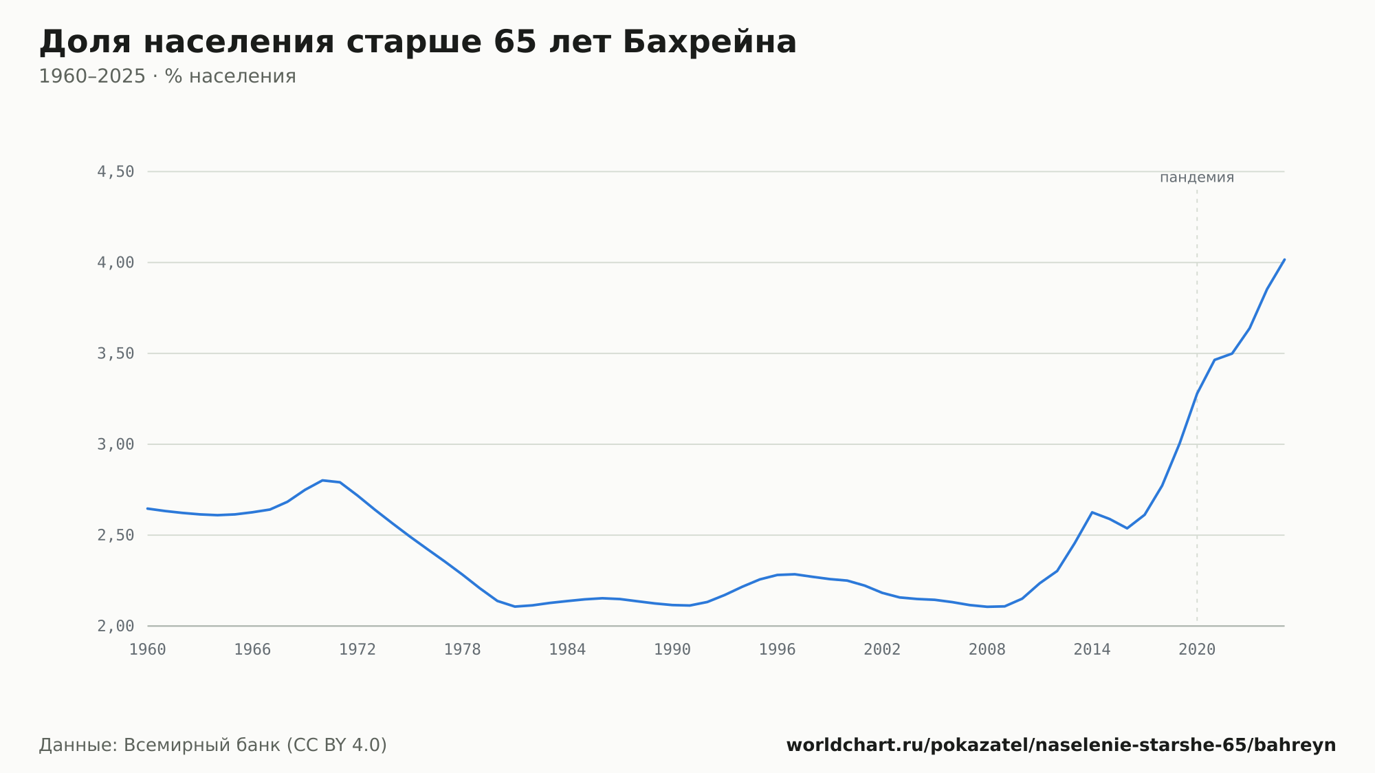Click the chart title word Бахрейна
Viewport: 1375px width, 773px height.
coord(709,42)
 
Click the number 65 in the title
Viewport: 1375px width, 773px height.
coord(516,42)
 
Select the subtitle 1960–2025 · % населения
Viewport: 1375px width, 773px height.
coord(167,76)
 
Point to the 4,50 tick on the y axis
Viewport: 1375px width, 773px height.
coord(115,172)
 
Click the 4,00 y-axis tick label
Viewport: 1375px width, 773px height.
coord(115,263)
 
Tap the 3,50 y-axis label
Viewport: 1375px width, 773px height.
coord(115,353)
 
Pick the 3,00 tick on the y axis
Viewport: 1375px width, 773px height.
coord(115,444)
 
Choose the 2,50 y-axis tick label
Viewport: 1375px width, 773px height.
coord(115,535)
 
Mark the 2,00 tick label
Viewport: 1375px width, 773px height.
coord(115,626)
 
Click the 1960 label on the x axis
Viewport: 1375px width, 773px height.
coord(148,650)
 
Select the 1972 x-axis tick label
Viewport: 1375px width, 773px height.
coord(357,650)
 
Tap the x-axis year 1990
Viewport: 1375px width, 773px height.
coord(672,650)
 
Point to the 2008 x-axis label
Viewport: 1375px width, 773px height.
coord(987,650)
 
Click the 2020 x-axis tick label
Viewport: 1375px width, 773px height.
coord(1197,650)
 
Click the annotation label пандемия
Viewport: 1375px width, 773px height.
coord(1197,177)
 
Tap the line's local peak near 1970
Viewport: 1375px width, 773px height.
coord(322,480)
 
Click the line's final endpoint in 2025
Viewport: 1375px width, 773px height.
coord(1284,259)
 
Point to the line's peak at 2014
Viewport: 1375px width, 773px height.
coord(1092,512)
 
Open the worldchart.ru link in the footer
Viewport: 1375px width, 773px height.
coord(1061,745)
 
